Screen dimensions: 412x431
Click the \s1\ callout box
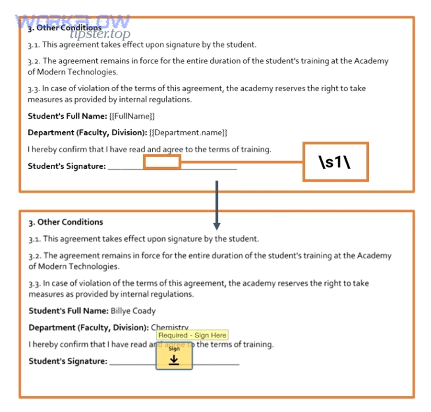(x=335, y=162)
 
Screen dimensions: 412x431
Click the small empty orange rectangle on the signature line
(x=162, y=162)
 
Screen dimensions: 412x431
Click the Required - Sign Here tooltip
(x=192, y=335)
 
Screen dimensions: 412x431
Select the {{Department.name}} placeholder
(x=188, y=133)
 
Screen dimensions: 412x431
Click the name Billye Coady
(x=133, y=311)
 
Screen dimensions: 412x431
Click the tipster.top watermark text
(x=100, y=34)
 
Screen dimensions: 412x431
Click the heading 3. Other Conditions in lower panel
(x=66, y=222)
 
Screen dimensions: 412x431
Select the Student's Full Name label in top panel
(x=67, y=116)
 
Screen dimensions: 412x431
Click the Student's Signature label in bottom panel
(x=68, y=361)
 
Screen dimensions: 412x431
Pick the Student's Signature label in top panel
(x=67, y=166)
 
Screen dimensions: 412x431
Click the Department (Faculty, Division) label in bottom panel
(x=89, y=328)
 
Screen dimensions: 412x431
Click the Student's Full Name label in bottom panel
(x=68, y=311)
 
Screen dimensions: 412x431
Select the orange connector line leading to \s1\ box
(x=242, y=162)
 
